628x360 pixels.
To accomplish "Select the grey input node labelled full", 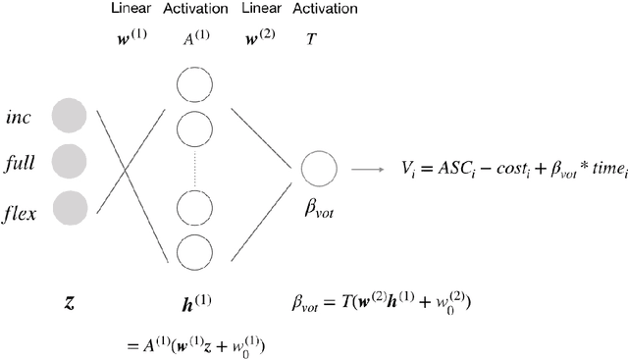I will click(70, 160).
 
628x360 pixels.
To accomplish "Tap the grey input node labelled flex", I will click(70, 206).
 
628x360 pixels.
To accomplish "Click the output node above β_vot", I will click(319, 169).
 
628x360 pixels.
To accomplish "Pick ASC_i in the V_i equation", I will click(448, 170).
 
